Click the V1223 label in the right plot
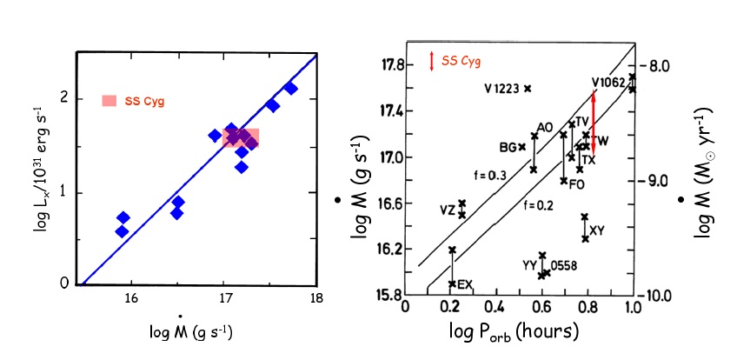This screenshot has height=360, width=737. (501, 88)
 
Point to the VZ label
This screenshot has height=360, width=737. (447, 210)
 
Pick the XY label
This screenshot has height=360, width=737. (596, 230)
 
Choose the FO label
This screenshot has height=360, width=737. (577, 184)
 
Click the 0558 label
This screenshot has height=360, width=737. (562, 265)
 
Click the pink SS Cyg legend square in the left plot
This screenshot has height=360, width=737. (109, 101)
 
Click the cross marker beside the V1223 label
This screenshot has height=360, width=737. (528, 88)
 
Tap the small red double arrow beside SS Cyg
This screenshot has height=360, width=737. (432, 61)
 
